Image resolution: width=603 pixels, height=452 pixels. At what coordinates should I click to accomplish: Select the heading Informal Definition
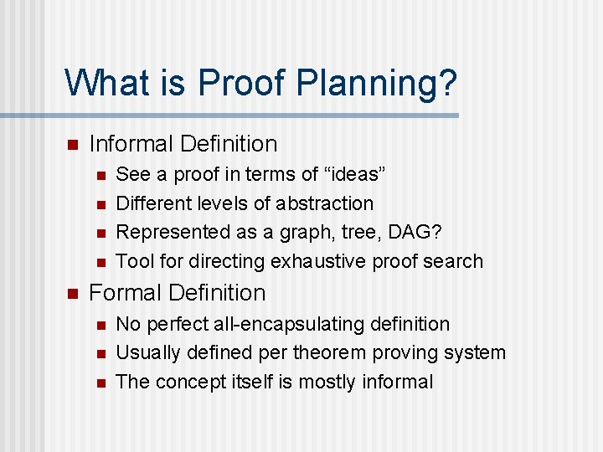[183, 144]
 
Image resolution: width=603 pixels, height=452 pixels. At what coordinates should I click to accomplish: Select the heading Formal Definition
[177, 293]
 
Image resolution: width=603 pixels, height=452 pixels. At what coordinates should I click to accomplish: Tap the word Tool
[135, 261]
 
